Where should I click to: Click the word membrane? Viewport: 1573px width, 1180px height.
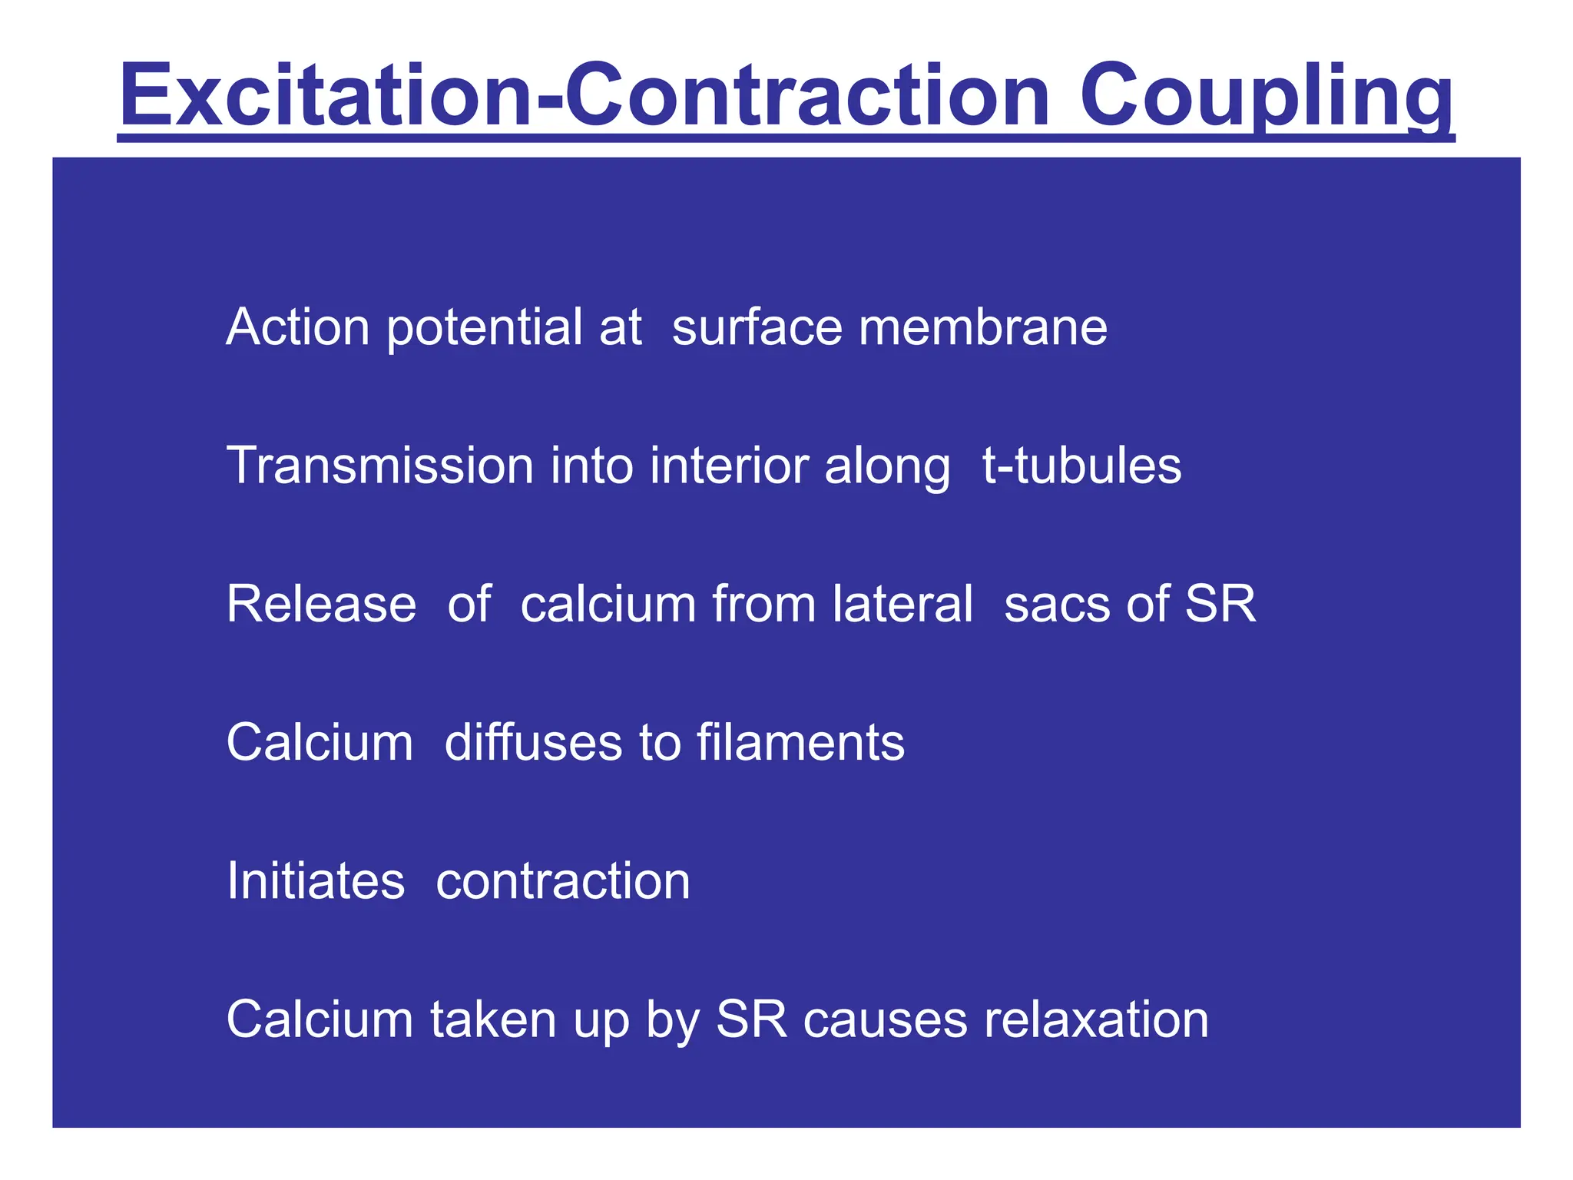(x=983, y=327)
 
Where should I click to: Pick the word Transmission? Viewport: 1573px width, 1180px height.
(x=380, y=466)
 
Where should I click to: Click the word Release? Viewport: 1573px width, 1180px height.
(x=321, y=604)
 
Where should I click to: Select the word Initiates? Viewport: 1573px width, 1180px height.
(x=316, y=880)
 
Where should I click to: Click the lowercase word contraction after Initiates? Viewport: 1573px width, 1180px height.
(x=563, y=882)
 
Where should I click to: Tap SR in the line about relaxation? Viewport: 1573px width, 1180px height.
(x=752, y=1019)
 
